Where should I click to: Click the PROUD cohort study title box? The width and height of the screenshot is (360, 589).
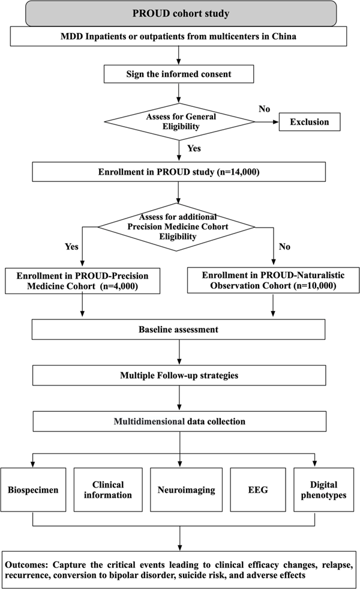[x=181, y=14]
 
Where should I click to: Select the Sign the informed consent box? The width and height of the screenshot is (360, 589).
[x=179, y=74]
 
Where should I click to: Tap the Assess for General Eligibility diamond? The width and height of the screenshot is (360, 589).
[x=180, y=122]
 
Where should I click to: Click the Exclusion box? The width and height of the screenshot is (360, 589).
[x=310, y=122]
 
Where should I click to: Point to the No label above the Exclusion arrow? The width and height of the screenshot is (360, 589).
[x=264, y=109]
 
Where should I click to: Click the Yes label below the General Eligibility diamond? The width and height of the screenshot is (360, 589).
[x=194, y=148]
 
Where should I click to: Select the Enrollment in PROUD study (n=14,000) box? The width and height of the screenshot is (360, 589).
[x=179, y=172]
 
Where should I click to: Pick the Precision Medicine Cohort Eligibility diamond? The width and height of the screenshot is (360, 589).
[x=177, y=227]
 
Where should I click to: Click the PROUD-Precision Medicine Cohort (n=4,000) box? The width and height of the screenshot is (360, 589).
[x=83, y=281]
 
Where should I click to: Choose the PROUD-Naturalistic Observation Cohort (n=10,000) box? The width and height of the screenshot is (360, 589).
[x=273, y=280]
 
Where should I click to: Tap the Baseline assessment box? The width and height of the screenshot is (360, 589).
[x=178, y=330]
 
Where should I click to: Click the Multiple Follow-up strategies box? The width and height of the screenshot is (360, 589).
[x=179, y=376]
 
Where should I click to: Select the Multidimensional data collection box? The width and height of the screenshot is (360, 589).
[x=179, y=421]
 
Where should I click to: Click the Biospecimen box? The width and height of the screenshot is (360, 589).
[x=33, y=490]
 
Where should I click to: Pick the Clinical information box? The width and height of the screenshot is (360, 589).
[x=108, y=490]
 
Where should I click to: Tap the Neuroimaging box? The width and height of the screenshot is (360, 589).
[x=186, y=490]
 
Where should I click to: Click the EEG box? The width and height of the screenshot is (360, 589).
[x=258, y=490]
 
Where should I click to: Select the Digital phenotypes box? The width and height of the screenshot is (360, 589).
[x=323, y=490]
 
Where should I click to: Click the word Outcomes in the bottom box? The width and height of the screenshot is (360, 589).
[x=26, y=565]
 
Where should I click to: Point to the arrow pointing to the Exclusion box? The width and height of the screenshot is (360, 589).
[x=267, y=122]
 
